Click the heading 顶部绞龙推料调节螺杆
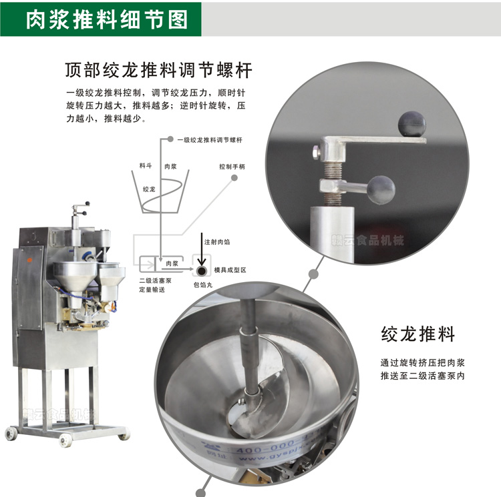pos(158,70)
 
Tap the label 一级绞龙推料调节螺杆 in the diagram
pos(210,140)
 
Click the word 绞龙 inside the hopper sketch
pos(150,189)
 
